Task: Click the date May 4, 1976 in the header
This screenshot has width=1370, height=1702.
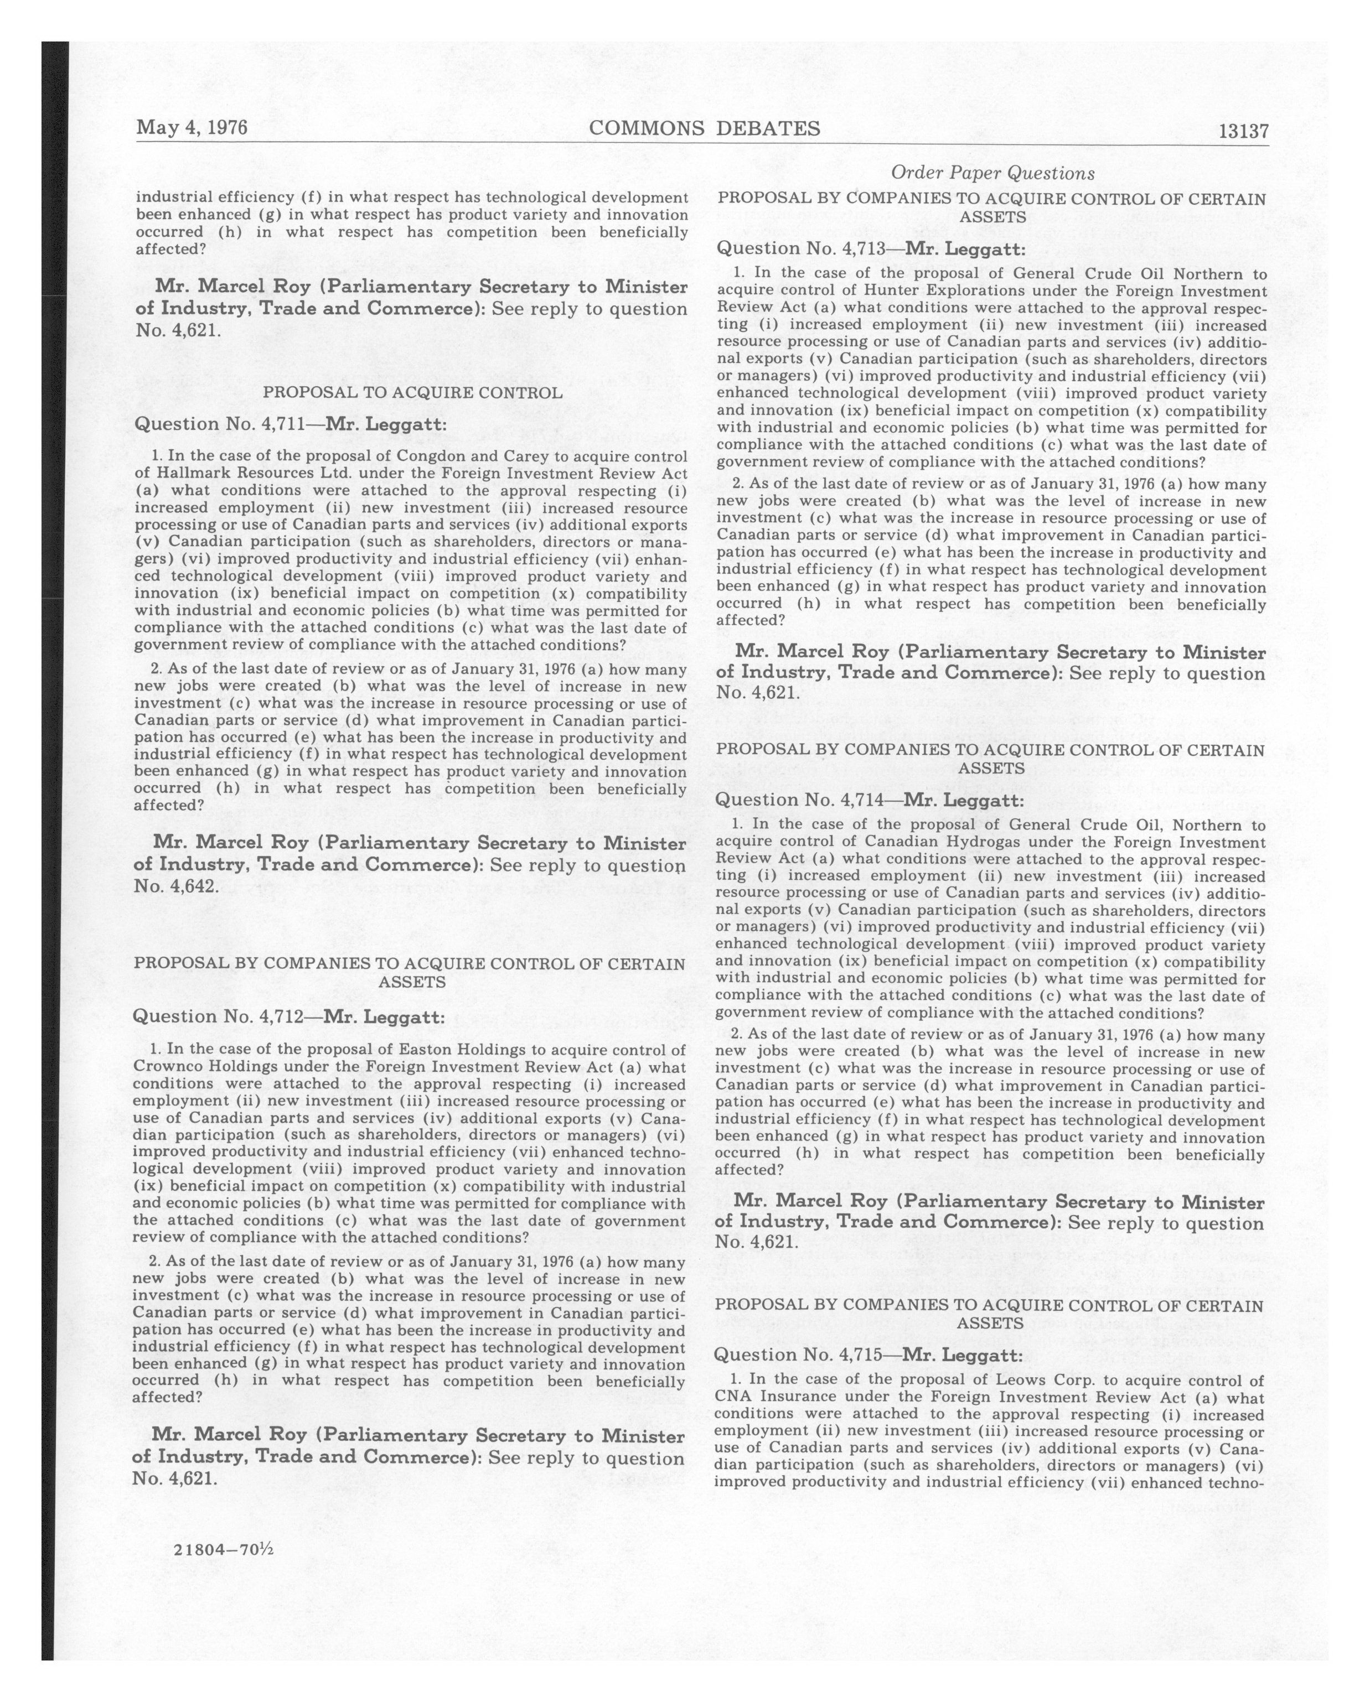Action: [192, 128]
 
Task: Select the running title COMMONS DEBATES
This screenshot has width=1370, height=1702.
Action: [704, 128]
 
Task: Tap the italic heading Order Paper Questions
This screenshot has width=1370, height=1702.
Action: [992, 173]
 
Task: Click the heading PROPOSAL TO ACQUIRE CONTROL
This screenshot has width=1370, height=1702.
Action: [412, 392]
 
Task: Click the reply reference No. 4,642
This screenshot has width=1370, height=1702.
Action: [175, 886]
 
